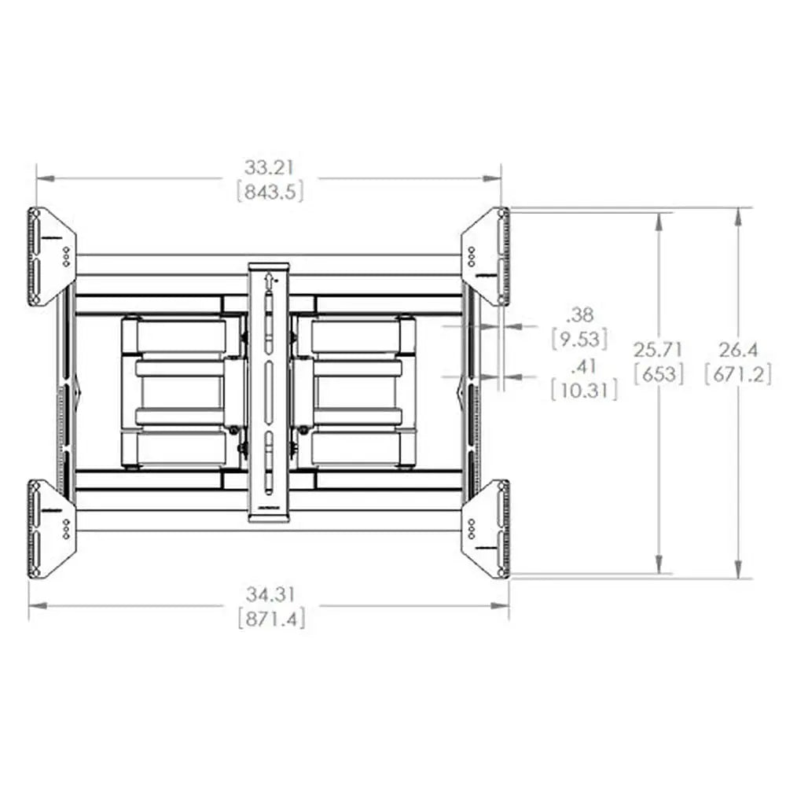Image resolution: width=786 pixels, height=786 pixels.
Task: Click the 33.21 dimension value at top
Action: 270,167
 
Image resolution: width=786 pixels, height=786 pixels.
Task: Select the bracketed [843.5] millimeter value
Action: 270,191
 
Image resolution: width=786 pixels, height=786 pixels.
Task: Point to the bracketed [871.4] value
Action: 270,618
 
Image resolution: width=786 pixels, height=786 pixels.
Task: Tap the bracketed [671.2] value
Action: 738,373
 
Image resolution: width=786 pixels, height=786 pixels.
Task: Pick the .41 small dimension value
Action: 583,365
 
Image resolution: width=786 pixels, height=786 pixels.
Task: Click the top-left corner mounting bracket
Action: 52,256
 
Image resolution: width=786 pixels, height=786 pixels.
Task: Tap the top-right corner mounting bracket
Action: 487,256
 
